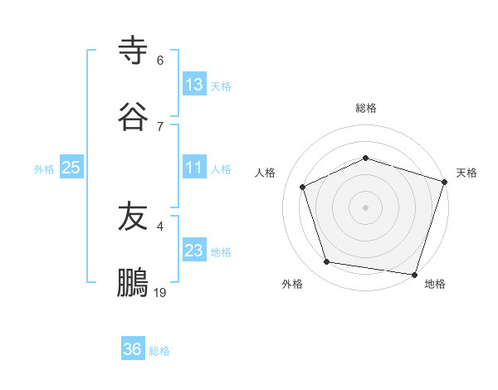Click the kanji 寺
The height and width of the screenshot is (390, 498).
click(133, 51)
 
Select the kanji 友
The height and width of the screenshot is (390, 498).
click(133, 217)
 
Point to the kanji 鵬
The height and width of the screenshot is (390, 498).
click(133, 283)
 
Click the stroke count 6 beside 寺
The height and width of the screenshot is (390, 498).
click(160, 61)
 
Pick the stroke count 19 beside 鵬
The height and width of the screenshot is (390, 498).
click(160, 292)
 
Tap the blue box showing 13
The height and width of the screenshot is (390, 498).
click(194, 85)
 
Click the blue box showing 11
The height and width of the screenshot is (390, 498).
click(194, 168)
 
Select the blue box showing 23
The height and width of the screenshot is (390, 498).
click(194, 251)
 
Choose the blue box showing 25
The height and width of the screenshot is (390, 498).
click(71, 168)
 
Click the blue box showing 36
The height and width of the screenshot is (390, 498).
click(133, 349)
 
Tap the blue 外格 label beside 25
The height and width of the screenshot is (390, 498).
click(44, 169)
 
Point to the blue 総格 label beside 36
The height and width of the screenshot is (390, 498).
click(159, 351)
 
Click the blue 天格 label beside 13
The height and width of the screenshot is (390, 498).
click(221, 86)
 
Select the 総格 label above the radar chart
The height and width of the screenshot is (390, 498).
click(366, 108)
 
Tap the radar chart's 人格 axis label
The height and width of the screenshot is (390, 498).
click(265, 173)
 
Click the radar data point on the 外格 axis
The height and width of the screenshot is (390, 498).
click(327, 262)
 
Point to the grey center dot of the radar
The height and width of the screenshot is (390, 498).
click(365, 207)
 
